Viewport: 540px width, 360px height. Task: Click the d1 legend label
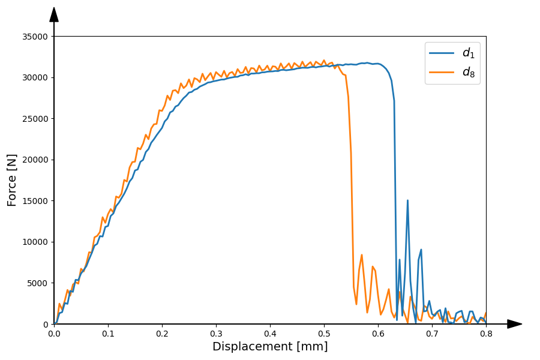(x=468, y=53)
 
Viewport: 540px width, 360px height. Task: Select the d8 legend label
(x=468, y=73)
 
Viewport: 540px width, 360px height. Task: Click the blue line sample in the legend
(x=441, y=53)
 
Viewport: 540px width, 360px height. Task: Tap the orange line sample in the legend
(x=441, y=73)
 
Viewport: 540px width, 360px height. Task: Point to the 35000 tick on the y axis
(x=35, y=37)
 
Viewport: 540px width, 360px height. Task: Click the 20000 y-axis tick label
(x=35, y=160)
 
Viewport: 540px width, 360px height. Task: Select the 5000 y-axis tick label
(x=38, y=283)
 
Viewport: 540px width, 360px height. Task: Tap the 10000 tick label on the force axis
(x=35, y=242)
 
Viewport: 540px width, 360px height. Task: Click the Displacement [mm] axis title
(x=270, y=347)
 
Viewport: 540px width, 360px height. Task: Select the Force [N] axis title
(x=13, y=180)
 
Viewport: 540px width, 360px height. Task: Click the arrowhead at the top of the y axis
(x=54, y=14)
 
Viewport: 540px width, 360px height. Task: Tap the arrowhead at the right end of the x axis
(x=514, y=324)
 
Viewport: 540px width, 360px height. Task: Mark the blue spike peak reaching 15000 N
(x=407, y=201)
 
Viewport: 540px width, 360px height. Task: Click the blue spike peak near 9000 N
(x=421, y=250)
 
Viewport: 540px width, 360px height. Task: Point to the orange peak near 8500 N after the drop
(x=361, y=254)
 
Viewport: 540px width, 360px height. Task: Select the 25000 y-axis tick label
(x=35, y=119)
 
